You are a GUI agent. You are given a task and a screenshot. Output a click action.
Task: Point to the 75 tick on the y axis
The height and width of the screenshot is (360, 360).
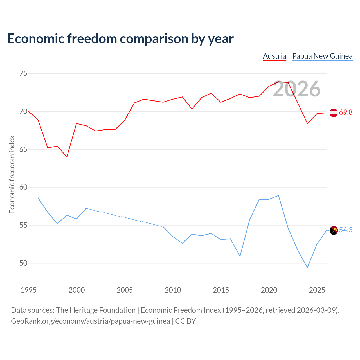click(23, 73)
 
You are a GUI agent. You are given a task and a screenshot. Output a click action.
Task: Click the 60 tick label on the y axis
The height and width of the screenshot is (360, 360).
click(23, 187)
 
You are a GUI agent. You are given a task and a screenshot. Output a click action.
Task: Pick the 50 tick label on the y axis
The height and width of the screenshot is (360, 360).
click(23, 263)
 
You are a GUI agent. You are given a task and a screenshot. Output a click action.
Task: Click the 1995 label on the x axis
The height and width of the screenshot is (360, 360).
click(29, 290)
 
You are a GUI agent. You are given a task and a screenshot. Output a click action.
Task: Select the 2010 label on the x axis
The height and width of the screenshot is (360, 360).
click(173, 290)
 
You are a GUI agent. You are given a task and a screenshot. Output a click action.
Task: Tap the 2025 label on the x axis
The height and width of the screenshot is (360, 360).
click(317, 290)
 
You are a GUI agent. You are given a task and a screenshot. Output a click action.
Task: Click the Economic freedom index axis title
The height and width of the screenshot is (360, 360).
click(12, 174)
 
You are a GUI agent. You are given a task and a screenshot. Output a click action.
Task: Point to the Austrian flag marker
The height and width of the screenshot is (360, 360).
click(334, 113)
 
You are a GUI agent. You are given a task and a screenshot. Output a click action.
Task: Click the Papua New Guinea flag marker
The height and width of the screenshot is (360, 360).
click(334, 230)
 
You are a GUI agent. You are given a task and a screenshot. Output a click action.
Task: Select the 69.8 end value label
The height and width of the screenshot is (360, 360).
click(346, 112)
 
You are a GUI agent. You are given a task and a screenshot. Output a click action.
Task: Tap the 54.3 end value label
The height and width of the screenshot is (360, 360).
click(346, 230)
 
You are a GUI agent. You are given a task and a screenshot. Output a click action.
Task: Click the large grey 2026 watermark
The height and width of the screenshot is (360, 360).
click(297, 89)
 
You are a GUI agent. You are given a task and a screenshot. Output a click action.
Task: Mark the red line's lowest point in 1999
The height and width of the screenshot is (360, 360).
click(67, 157)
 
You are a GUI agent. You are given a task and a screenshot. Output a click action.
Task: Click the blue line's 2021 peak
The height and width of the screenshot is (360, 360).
click(278, 195)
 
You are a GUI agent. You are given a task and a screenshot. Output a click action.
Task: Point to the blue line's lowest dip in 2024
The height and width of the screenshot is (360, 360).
click(307, 267)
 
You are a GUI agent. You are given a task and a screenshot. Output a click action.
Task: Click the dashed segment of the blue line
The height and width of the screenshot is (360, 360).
click(125, 217)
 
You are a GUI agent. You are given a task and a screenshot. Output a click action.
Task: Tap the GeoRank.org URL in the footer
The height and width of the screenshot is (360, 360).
click(90, 321)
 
